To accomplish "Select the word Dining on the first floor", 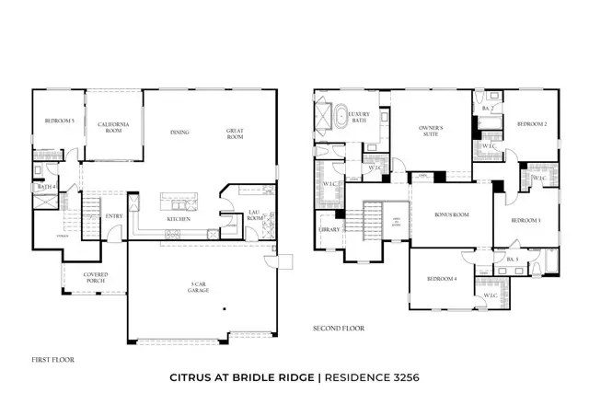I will pos(179,132).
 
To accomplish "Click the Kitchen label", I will pos(179,219).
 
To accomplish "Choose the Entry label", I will pos(114,216).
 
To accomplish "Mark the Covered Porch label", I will pos(97,277).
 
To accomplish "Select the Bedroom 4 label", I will pos(442,278).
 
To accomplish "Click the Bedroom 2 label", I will pos(531,123).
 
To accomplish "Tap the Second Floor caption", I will pos(340,328).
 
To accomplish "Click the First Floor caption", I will pos(52,360).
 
